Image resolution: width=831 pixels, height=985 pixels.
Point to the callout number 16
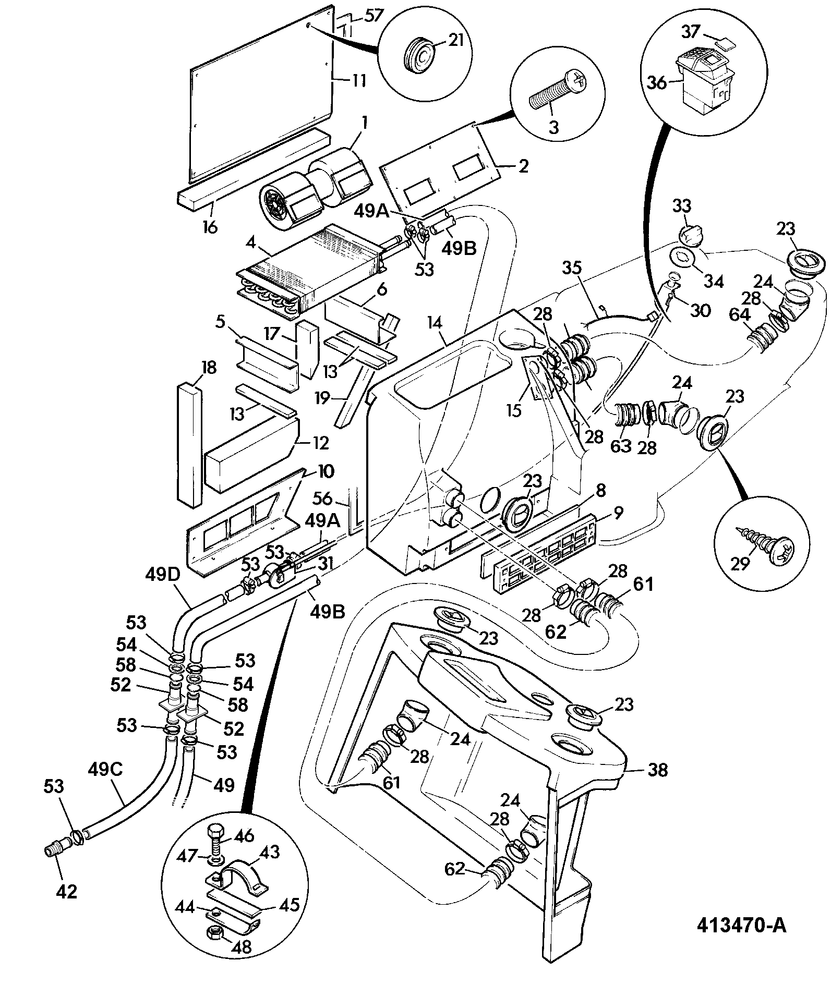pyautogui.click(x=210, y=227)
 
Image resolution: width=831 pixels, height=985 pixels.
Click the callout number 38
pyautogui.click(x=658, y=770)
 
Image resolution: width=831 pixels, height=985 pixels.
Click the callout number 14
pyautogui.click(x=435, y=322)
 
